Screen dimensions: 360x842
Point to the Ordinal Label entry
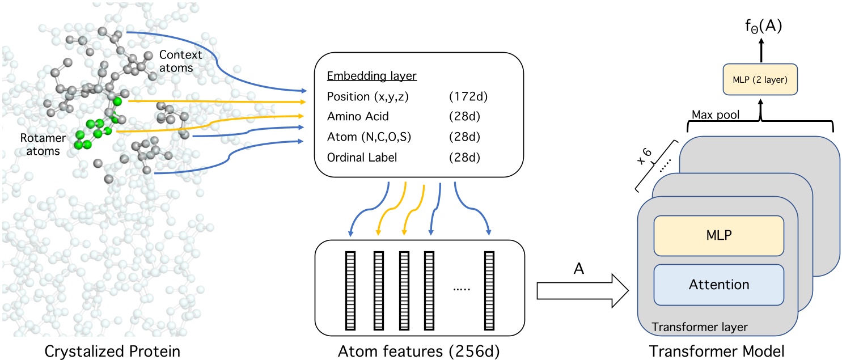pyautogui.click(x=362, y=158)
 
